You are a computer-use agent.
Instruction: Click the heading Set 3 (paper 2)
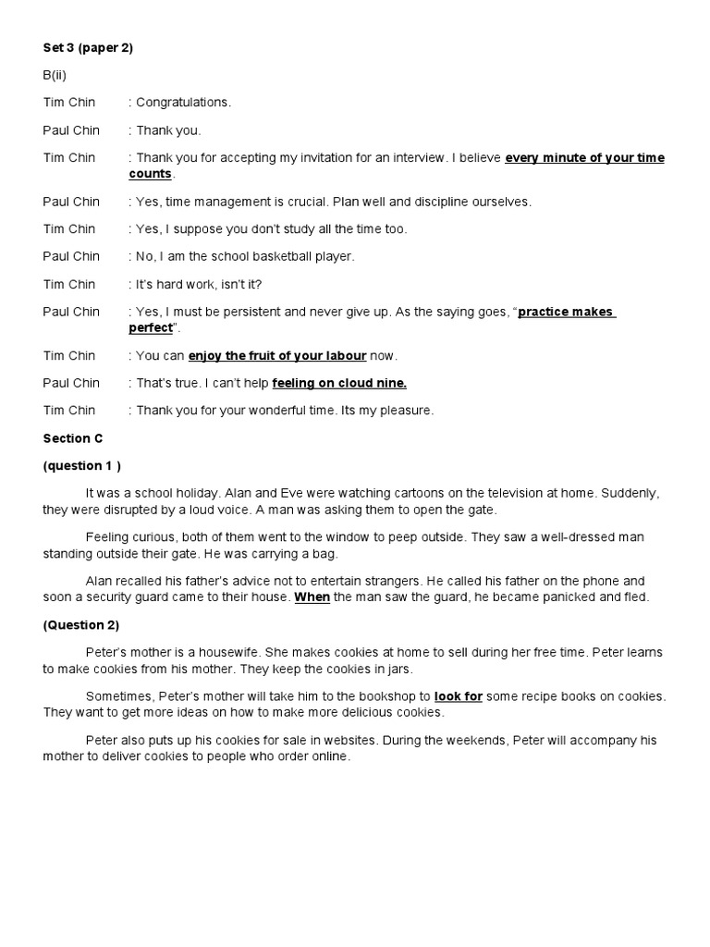(x=88, y=48)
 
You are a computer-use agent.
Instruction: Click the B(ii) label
(x=55, y=75)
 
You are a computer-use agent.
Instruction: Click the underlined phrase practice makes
(x=566, y=312)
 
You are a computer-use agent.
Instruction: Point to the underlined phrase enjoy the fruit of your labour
(x=277, y=356)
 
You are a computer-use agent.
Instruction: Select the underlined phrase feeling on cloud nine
(x=339, y=383)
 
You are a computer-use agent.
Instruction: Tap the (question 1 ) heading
(x=82, y=465)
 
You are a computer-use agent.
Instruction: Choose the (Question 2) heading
(x=81, y=625)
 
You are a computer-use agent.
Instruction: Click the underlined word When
(x=312, y=597)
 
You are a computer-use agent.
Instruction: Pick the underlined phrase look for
(x=459, y=696)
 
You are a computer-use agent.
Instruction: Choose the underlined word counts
(x=150, y=174)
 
